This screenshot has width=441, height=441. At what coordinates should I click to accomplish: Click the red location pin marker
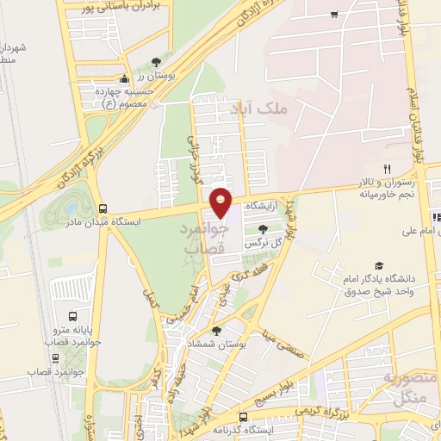point(221,202)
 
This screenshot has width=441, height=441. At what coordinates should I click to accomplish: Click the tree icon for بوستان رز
point(155,61)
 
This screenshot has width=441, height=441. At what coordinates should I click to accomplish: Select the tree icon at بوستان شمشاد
point(215,330)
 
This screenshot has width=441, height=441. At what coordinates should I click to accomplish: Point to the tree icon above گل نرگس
point(263,228)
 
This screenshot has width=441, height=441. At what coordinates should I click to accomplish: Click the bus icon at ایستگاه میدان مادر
point(103,209)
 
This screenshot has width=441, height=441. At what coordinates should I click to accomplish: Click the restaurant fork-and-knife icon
point(388,169)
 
